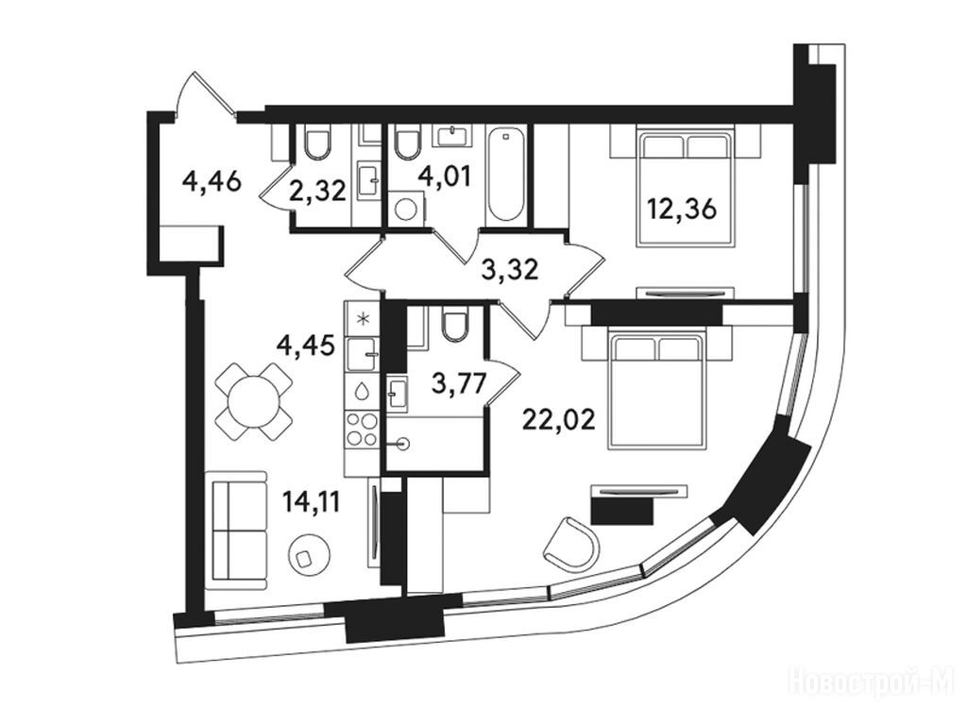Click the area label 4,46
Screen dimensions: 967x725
pos(211,182)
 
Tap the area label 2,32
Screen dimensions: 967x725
pos(318,192)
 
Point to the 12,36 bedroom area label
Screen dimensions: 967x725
pos(681,210)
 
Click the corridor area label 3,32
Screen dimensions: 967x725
pos(510,269)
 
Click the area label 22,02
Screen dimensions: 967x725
pos(559,420)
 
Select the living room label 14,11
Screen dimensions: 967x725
pos(312,502)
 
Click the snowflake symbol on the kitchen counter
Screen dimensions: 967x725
pos(364,319)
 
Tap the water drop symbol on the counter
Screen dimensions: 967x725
pos(363,390)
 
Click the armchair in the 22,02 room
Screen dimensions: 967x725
pos(571,543)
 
